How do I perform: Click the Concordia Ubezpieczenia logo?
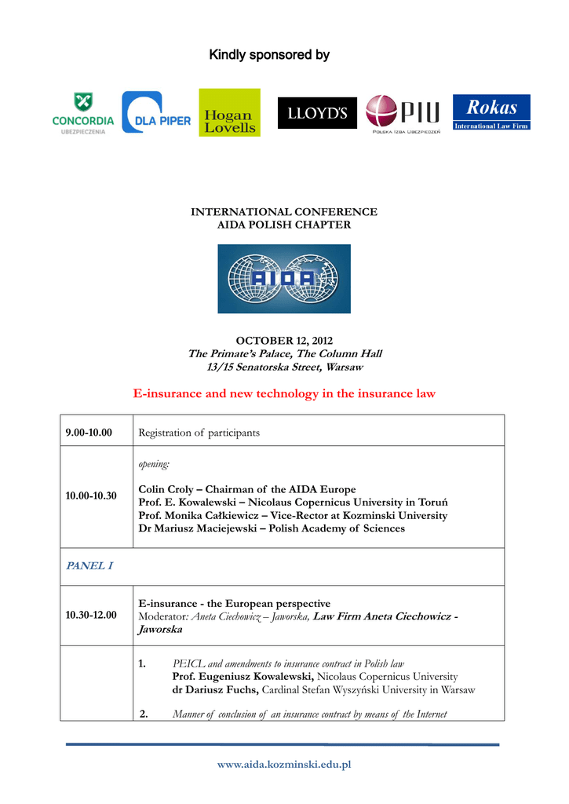tap(82, 112)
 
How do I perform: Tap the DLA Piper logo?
tap(156, 112)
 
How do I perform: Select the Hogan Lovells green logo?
tap(229, 112)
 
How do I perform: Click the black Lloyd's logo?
tap(317, 113)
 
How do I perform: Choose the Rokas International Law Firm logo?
tap(492, 112)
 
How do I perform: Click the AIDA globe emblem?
tap(284, 279)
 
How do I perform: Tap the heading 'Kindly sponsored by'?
tap(269, 55)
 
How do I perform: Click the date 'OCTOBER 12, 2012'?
tap(284, 341)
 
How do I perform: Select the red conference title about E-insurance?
tap(284, 393)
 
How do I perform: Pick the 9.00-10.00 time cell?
tap(89, 433)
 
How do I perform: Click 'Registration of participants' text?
tap(199, 433)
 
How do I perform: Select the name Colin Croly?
tap(170, 489)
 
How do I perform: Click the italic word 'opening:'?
tap(154, 464)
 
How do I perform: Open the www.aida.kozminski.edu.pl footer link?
tap(284, 764)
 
